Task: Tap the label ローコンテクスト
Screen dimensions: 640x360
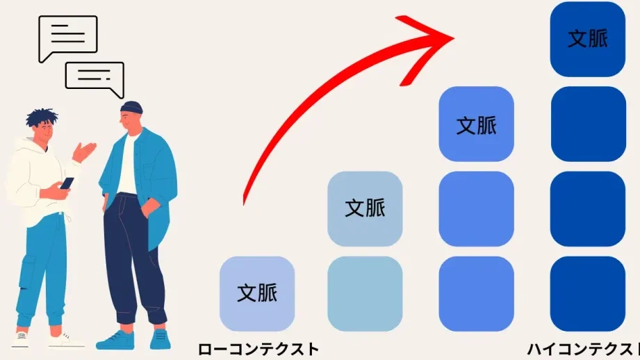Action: [x=258, y=350]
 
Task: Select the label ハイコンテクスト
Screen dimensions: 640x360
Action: [x=584, y=350]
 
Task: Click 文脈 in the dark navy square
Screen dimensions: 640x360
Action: [x=588, y=39]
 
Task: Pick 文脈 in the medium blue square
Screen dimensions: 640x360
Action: [x=476, y=125]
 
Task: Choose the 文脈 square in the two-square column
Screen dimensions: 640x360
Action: [x=365, y=208]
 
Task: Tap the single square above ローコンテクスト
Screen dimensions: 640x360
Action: [x=257, y=293]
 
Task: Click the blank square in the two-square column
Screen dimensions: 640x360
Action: [x=365, y=293]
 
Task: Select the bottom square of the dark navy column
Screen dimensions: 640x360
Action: [x=588, y=293]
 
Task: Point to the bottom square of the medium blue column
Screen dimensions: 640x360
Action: [x=476, y=293]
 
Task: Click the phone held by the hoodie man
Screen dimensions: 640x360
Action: [x=67, y=183]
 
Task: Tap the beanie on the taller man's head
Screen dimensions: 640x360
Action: [x=131, y=107]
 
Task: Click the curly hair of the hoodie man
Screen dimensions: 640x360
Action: [x=41, y=117]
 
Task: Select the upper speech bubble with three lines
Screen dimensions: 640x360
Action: [x=68, y=38]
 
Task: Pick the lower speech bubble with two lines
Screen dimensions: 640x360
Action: [x=95, y=79]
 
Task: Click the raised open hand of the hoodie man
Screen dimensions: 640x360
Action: [x=85, y=152]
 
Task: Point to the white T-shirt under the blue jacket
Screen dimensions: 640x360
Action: [x=127, y=163]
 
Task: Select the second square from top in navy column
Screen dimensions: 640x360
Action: [x=588, y=124]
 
